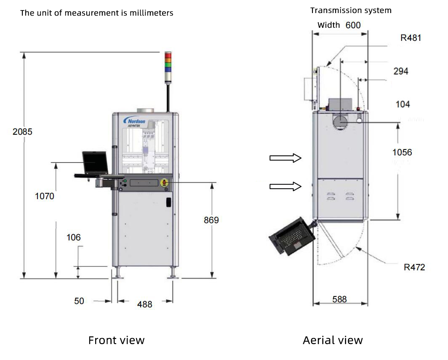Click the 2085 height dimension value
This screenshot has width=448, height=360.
pyautogui.click(x=22, y=131)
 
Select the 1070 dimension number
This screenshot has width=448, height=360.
pyautogui.click(x=45, y=196)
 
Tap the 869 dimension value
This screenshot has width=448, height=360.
pyautogui.click(x=211, y=220)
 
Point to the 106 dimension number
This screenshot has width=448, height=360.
pyautogui.click(x=74, y=237)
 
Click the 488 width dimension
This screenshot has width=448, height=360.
pyautogui.click(x=144, y=304)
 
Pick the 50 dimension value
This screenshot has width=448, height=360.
pyautogui.click(x=79, y=301)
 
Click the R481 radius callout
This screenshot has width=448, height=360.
pyautogui.click(x=411, y=38)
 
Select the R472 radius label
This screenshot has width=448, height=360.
pyautogui.click(x=414, y=267)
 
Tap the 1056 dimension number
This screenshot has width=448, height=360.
pyautogui.click(x=402, y=152)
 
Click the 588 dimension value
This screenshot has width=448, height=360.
pyautogui.click(x=339, y=299)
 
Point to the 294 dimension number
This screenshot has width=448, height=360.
pyautogui.click(x=401, y=71)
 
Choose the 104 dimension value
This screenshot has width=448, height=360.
pyautogui.click(x=403, y=104)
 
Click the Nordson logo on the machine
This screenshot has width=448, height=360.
pyautogui.click(x=134, y=121)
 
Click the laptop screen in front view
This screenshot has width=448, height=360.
pyautogui.click(x=96, y=162)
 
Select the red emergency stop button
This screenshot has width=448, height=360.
pyautogui.click(x=164, y=182)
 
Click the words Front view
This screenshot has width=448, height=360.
pyautogui.click(x=116, y=340)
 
